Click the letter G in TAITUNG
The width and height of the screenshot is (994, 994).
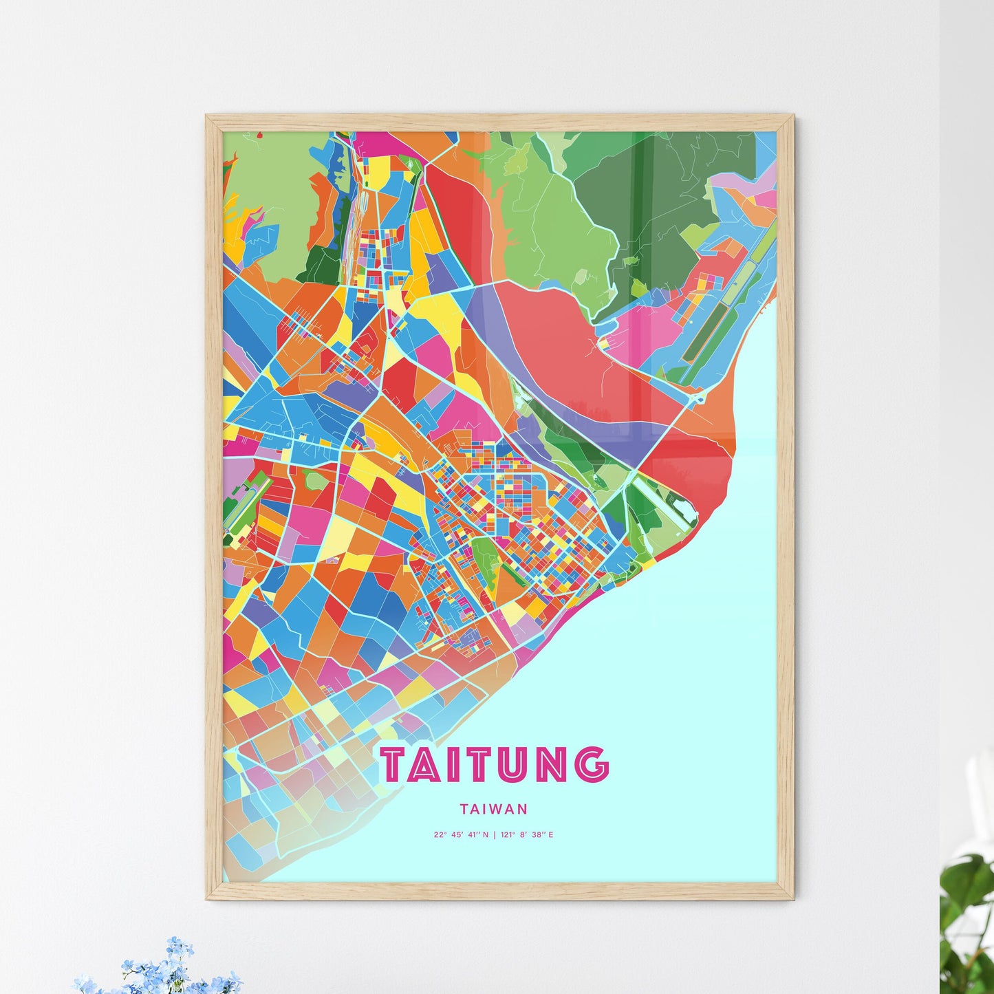point(592,765)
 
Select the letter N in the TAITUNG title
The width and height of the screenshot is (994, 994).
point(551,765)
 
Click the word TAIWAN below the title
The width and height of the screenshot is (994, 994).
point(495,809)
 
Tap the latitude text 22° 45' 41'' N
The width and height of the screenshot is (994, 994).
point(461,835)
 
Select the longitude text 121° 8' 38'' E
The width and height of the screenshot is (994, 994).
point(528,835)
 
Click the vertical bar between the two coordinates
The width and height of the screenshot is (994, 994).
point(495,835)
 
